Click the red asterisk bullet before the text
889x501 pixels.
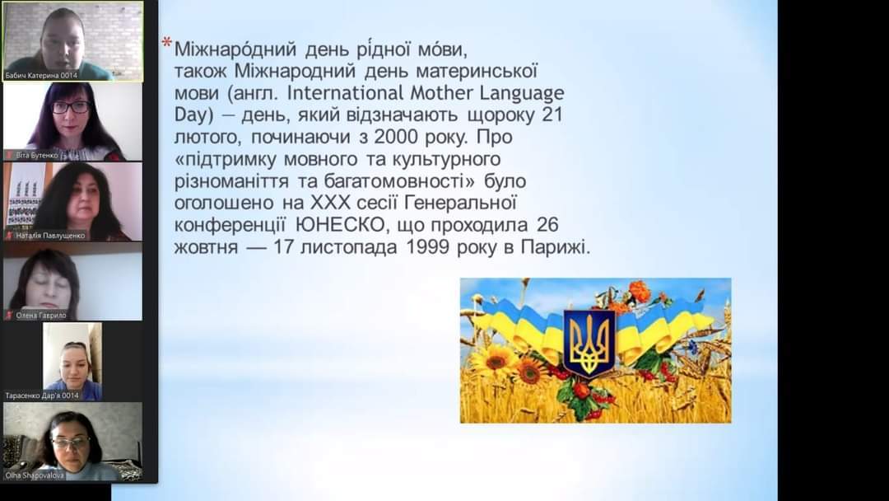tap(166, 43)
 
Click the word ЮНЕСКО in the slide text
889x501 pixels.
tap(340, 225)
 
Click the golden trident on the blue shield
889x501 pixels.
tap(589, 342)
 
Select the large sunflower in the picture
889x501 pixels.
tap(495, 360)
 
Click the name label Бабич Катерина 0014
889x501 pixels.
tap(41, 75)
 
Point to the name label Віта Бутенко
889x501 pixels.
tap(37, 155)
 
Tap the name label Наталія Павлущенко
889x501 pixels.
tap(50, 235)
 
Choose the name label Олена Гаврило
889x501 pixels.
tap(41, 315)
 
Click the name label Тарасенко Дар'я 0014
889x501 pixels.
tap(42, 396)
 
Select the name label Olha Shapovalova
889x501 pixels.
tap(35, 475)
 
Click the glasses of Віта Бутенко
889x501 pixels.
tap(71, 106)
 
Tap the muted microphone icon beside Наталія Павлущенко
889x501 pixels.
tap(9, 235)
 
